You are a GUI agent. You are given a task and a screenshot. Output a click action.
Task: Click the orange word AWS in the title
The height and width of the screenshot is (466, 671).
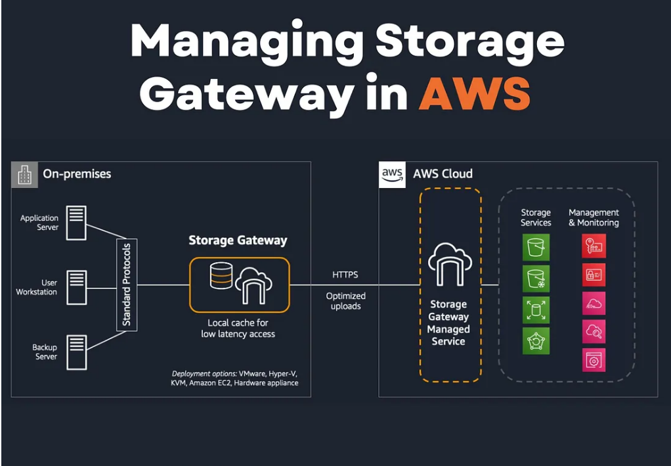point(474,94)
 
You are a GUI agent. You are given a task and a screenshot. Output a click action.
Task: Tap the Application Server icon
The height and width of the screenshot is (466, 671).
point(76,222)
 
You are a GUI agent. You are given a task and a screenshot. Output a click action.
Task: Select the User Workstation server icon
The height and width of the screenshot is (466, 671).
point(76,287)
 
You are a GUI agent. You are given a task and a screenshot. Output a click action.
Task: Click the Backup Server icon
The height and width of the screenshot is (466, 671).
point(76,351)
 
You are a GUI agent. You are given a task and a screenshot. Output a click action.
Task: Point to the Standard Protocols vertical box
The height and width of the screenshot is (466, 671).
point(127,285)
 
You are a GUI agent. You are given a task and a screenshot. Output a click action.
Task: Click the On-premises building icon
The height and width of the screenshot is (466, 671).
point(25,175)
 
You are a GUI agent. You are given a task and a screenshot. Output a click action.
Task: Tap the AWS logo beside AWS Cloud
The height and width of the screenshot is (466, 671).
point(392,175)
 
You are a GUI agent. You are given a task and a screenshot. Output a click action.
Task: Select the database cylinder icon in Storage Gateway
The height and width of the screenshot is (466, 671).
point(221,276)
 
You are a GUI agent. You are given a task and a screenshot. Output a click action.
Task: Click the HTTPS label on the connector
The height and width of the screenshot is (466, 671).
point(345,275)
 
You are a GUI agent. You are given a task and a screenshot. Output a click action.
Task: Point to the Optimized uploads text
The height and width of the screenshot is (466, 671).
point(346,301)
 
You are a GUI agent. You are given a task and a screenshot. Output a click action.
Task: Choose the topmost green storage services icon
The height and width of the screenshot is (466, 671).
point(536,248)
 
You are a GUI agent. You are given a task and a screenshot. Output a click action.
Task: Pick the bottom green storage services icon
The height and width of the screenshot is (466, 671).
point(536,341)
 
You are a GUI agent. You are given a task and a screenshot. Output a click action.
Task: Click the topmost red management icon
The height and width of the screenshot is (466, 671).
point(594,246)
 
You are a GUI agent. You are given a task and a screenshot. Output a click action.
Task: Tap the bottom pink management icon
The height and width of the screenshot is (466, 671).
point(594,360)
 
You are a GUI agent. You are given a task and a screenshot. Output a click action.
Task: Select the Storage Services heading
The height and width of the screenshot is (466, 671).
point(536,218)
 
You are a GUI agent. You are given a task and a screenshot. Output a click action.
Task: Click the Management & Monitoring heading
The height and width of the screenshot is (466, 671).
point(594,218)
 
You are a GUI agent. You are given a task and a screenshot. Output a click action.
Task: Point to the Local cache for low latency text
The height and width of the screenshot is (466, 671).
point(238,329)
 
